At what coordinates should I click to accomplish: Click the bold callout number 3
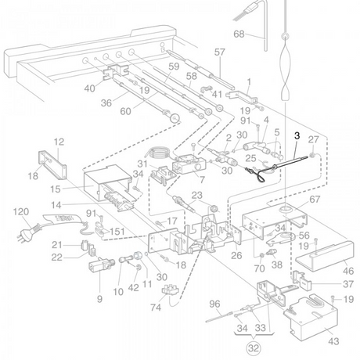(x=297, y=135)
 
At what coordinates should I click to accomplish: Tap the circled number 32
(x=254, y=348)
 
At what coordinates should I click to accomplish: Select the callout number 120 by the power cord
(x=21, y=211)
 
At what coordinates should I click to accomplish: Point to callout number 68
(x=239, y=34)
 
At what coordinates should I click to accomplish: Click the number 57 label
(x=219, y=52)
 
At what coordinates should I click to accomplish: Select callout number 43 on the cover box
(x=333, y=341)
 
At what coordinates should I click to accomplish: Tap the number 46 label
(x=348, y=271)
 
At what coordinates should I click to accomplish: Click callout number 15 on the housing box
(x=56, y=189)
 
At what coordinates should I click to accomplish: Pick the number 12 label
(x=59, y=142)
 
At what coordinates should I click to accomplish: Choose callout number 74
(x=156, y=308)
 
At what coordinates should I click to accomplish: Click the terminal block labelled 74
(x=170, y=290)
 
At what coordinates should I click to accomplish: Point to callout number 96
(x=214, y=304)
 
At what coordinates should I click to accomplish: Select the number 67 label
(x=315, y=200)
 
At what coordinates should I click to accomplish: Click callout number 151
(x=117, y=232)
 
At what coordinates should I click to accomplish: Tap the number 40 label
(x=89, y=88)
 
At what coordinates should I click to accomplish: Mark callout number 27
(x=313, y=139)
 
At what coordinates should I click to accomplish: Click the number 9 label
(x=99, y=299)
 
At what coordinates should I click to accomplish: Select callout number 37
(x=348, y=284)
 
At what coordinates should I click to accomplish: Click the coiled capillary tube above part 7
(x=159, y=153)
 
